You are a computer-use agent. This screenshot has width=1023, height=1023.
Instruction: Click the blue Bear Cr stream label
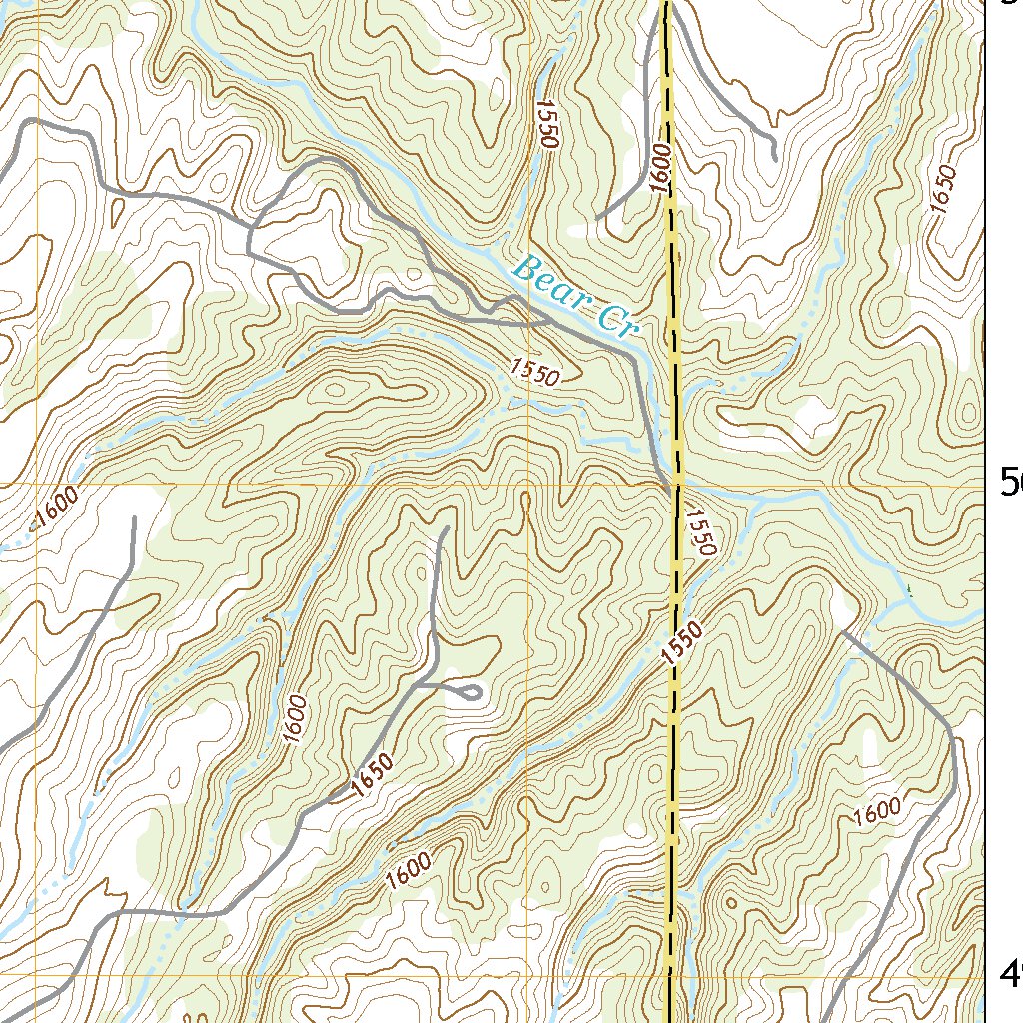(573, 297)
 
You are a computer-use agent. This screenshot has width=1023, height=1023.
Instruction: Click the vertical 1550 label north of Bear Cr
(545, 124)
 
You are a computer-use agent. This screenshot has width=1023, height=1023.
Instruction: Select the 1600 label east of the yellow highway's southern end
(878, 813)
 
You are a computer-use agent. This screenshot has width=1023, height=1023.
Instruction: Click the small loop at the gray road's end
(469, 690)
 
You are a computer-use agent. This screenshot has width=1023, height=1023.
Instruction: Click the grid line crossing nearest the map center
(528, 486)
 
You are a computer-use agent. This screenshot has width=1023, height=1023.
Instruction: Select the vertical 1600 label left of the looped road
(293, 717)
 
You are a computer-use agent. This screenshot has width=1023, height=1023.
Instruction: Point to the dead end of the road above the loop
(443, 529)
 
